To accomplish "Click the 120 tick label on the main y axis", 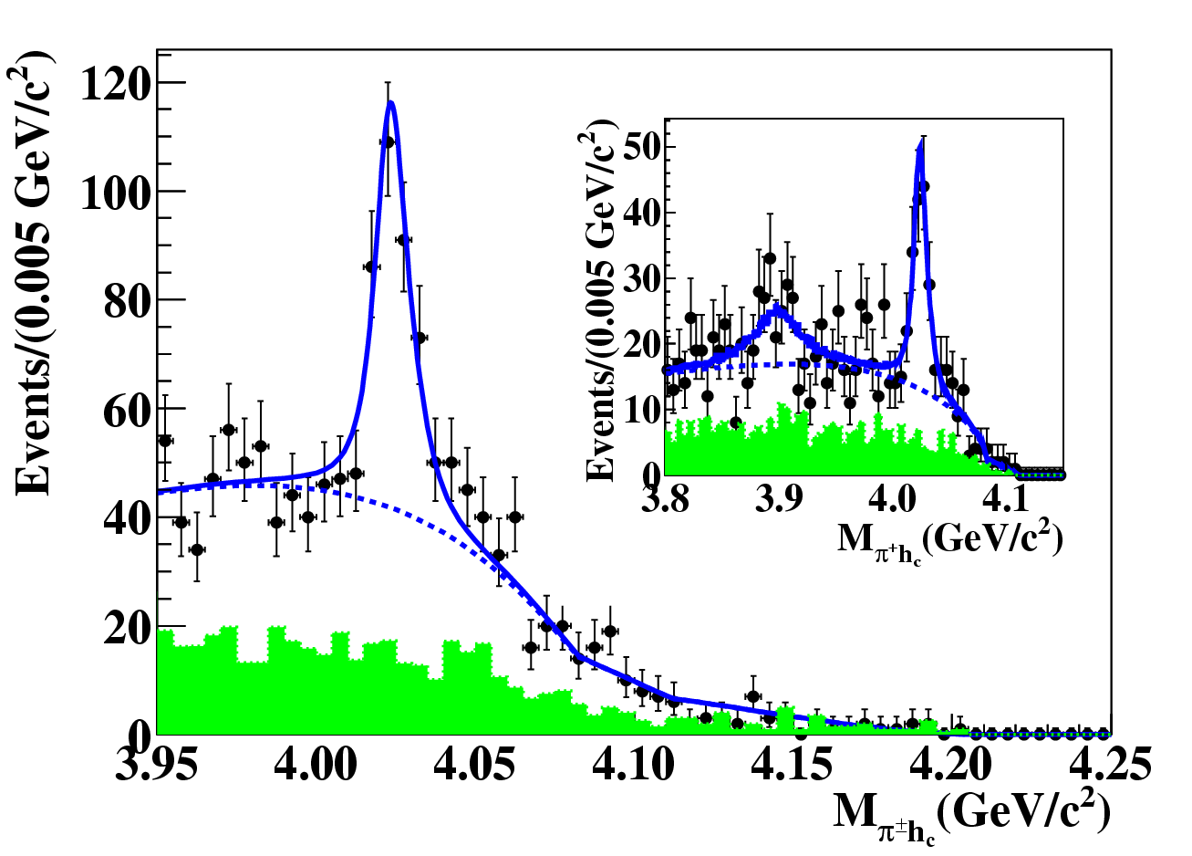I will tap(113, 84).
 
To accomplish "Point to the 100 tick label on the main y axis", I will tap(113, 193).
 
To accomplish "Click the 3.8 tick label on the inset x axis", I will tap(666, 499).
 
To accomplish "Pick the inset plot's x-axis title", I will tap(948, 540).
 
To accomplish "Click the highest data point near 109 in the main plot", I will tap(388, 141).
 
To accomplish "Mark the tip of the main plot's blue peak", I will tap(390, 101).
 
